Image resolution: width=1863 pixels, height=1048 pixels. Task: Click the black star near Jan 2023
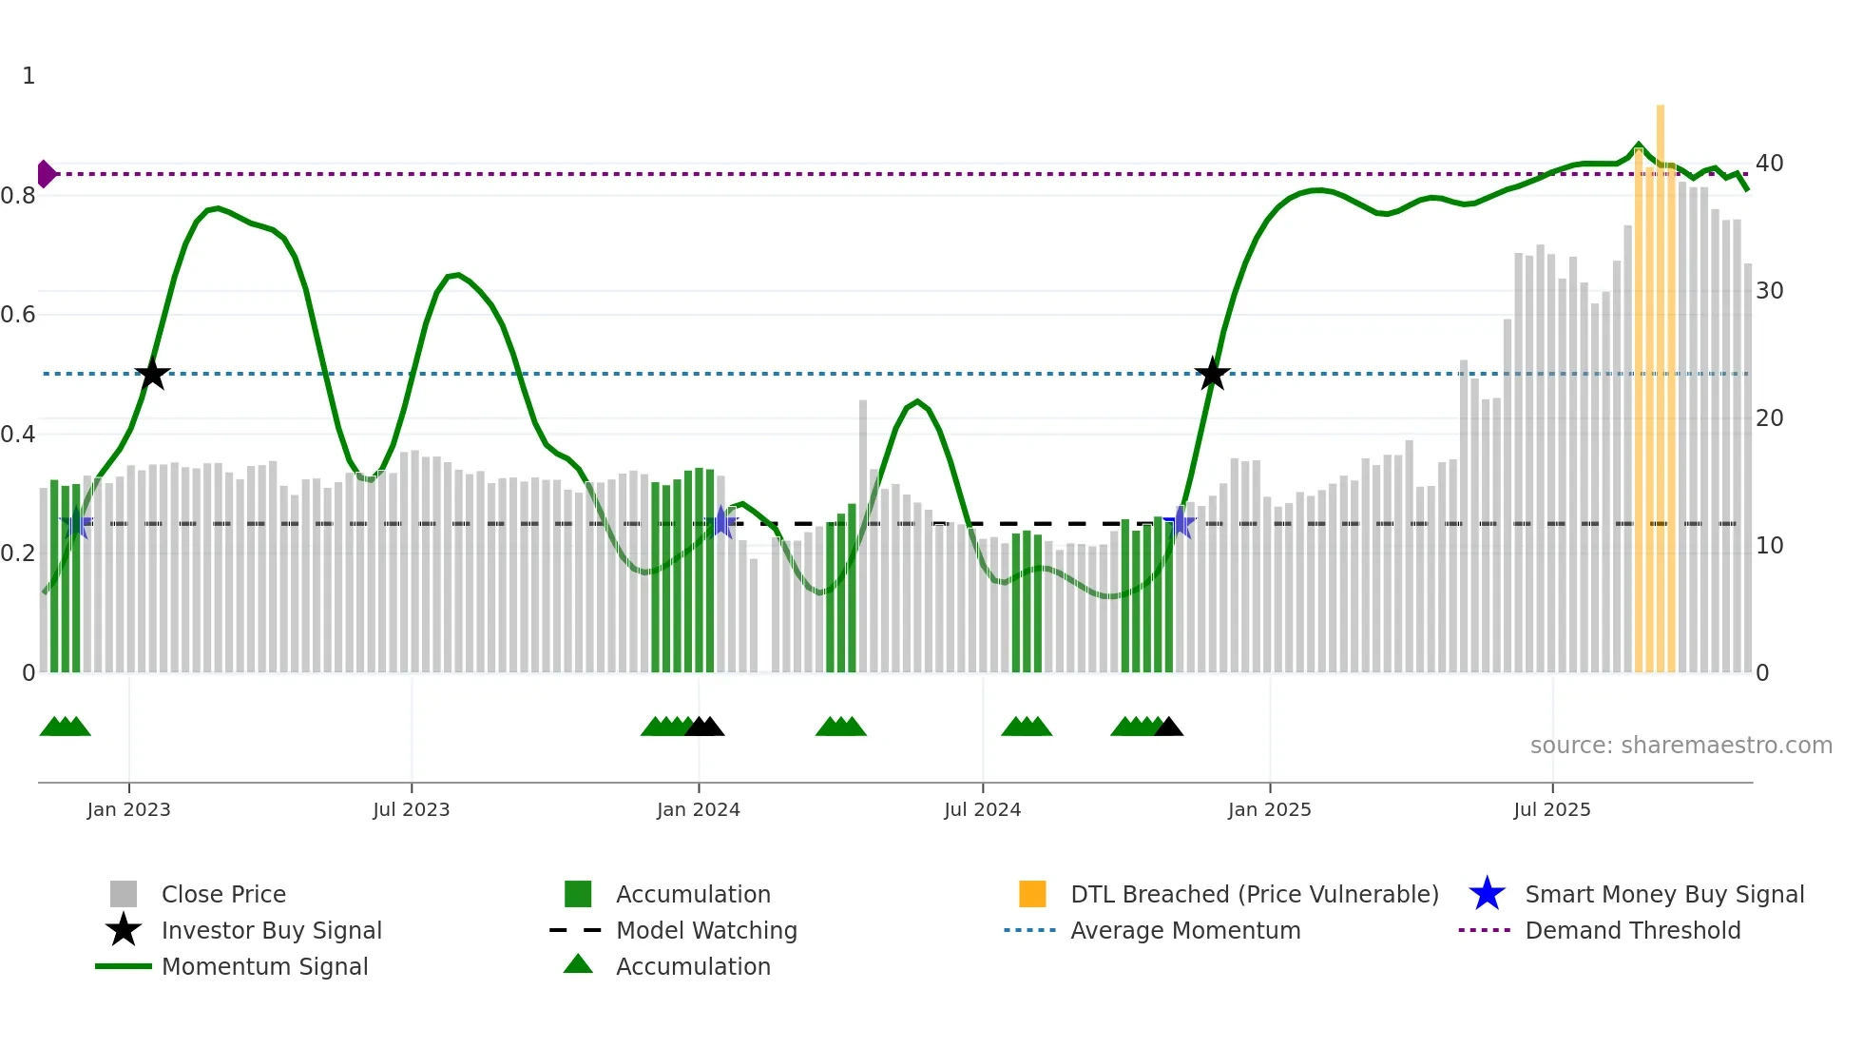(152, 375)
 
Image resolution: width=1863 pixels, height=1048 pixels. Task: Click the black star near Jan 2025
(1212, 375)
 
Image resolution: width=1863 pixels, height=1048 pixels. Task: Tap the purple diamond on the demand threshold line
(46, 174)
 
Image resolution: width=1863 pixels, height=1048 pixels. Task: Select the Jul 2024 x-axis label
(982, 809)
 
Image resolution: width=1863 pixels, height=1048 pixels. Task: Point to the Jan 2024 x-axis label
(698, 809)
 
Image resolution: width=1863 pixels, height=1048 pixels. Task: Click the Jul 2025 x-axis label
(1551, 809)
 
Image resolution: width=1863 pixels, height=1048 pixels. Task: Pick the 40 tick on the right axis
(1769, 164)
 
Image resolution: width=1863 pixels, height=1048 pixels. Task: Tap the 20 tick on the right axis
(1769, 418)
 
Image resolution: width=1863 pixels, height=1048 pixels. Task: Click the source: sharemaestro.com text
(1681, 746)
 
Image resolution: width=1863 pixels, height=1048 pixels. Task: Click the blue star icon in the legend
(1487, 894)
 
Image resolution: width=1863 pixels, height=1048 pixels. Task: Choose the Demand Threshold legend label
(1632, 930)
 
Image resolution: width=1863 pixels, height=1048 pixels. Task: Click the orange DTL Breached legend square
(1032, 894)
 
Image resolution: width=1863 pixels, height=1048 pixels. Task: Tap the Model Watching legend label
(706, 930)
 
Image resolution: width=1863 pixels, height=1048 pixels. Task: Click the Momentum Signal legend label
(264, 966)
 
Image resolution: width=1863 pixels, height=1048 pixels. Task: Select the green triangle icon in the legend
(578, 965)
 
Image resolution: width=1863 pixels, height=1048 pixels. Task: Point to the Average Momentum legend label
(1185, 930)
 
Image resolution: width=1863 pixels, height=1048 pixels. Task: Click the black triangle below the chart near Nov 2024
(1168, 728)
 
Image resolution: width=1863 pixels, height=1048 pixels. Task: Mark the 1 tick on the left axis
(29, 76)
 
